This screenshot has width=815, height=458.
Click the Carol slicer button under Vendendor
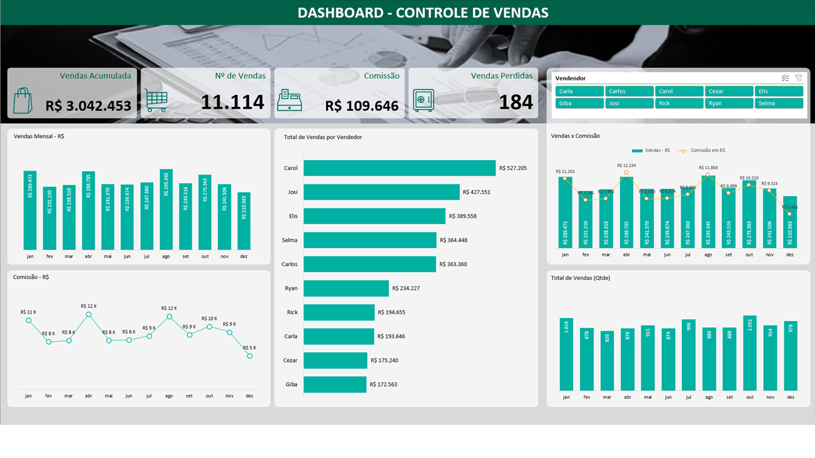coord(679,91)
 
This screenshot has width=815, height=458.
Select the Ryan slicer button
coord(729,103)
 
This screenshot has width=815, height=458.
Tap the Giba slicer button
coord(579,103)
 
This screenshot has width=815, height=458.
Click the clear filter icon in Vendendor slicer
coord(798,78)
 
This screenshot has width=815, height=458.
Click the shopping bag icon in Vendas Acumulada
coord(22,100)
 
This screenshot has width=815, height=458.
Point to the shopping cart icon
coord(156,101)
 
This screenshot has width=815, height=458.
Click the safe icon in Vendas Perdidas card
coord(423,100)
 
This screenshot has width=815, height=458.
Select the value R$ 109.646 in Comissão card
coord(362,106)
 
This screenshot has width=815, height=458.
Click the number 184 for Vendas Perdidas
coord(516,102)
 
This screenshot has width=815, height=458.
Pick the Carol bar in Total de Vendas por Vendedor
coord(399,168)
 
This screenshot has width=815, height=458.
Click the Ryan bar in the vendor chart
coord(346,288)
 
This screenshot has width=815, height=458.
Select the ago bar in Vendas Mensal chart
coord(166,210)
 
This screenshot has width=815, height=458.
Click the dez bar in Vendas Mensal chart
coord(244,221)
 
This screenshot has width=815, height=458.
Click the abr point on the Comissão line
coord(89,314)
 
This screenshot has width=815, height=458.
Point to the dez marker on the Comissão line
coord(250,356)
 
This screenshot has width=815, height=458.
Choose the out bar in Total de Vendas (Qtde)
coord(749,353)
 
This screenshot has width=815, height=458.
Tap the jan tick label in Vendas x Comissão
coord(565,254)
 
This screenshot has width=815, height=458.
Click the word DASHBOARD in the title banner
coord(340,13)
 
